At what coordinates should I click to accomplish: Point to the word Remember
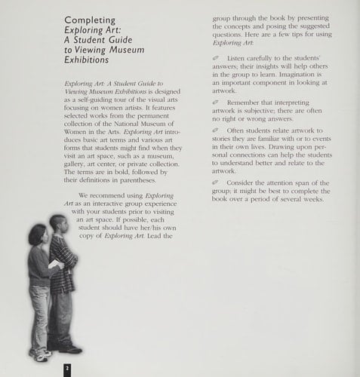coord(247,100)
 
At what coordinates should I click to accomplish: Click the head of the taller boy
coord(58,225)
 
